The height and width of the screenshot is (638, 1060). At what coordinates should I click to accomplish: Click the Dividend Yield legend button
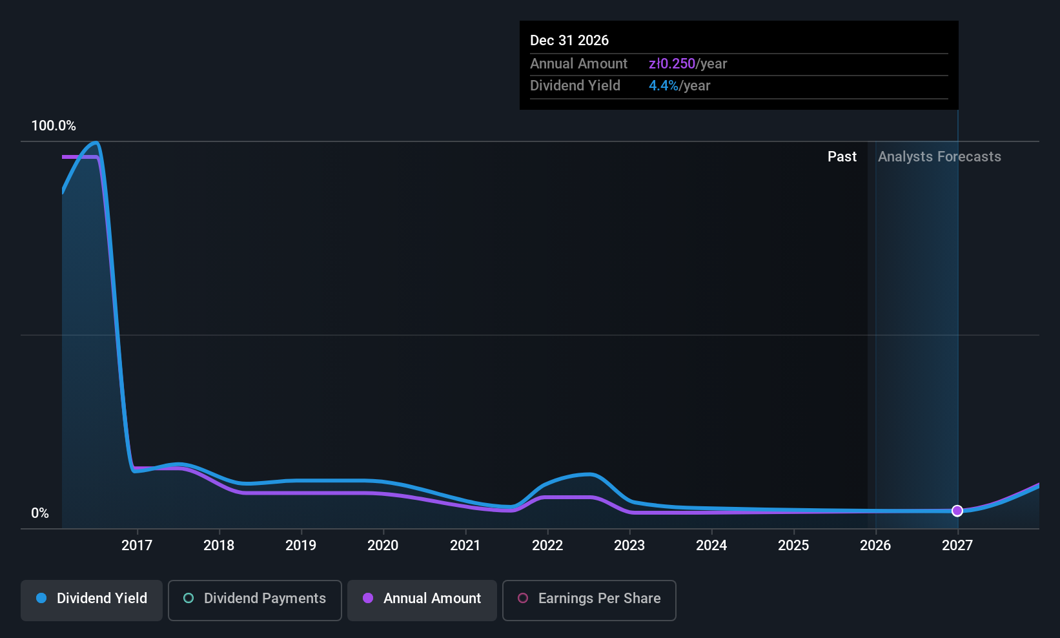tap(91, 600)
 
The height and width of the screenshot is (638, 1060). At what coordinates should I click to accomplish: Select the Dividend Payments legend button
tap(254, 600)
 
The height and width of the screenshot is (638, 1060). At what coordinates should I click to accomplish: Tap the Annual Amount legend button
tap(422, 600)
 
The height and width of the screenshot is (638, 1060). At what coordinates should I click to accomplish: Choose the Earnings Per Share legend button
tap(589, 600)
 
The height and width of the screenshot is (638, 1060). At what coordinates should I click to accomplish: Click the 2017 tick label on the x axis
tap(137, 545)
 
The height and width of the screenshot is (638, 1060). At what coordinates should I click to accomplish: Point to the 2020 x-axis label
tap(383, 545)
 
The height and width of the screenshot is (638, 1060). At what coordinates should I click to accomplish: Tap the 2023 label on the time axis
tap(629, 545)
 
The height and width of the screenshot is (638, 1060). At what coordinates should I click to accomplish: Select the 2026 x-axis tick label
tap(875, 545)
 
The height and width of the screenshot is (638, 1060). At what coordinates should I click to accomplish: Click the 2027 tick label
tap(957, 545)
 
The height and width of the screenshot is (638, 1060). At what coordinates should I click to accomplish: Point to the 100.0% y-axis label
tap(54, 125)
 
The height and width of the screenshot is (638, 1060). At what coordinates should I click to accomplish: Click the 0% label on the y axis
tap(40, 513)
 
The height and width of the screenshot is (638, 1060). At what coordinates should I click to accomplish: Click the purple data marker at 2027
tap(957, 511)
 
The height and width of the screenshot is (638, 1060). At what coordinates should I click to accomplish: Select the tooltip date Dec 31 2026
tap(569, 40)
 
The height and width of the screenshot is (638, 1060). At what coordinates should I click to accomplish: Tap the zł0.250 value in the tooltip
tap(672, 63)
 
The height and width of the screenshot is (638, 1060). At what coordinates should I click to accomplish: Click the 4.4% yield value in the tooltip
tap(664, 86)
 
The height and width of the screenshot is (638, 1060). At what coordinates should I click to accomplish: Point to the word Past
tap(842, 157)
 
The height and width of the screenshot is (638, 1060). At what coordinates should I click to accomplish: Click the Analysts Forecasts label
tap(939, 157)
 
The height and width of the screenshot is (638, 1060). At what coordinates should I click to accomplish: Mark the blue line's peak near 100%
tap(96, 142)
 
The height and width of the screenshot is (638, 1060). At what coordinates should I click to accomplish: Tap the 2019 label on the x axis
tap(301, 545)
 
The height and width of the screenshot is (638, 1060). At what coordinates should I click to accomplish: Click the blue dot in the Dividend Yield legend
tap(42, 598)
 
